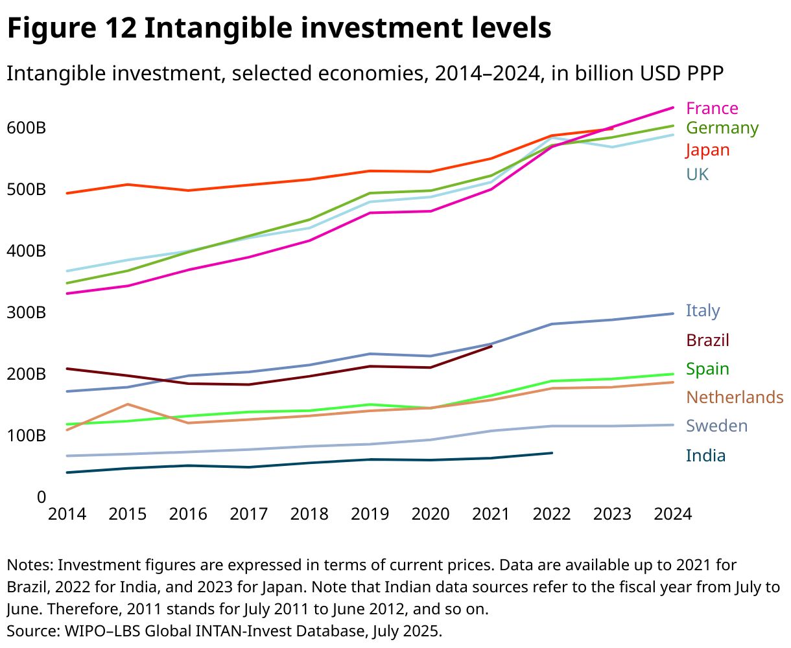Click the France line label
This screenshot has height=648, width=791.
pyautogui.click(x=712, y=108)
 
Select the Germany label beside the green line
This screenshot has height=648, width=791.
pyautogui.click(x=722, y=128)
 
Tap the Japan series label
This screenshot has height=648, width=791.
pyautogui.click(x=708, y=150)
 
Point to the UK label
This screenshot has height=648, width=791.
pyautogui.click(x=698, y=174)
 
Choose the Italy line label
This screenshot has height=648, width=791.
pyautogui.click(x=703, y=310)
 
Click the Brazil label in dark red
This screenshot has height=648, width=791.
pyautogui.click(x=707, y=340)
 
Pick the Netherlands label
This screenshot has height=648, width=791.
pyautogui.click(x=735, y=397)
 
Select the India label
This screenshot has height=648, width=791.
pyautogui.click(x=705, y=456)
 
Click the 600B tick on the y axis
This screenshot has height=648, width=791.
pyautogui.click(x=26, y=128)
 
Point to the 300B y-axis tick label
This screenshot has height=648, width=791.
pyautogui.click(x=26, y=312)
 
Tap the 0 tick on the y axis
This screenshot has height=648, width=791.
pyautogui.click(x=41, y=497)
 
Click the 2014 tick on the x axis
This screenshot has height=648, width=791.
pyautogui.click(x=67, y=514)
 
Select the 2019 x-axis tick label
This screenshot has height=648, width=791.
pyautogui.click(x=370, y=514)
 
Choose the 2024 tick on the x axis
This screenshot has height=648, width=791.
pyautogui.click(x=672, y=514)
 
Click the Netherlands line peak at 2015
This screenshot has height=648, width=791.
pyautogui.click(x=128, y=404)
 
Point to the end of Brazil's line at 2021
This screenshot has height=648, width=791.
pyautogui.click(x=491, y=346)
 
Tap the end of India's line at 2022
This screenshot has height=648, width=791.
pyautogui.click(x=552, y=453)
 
